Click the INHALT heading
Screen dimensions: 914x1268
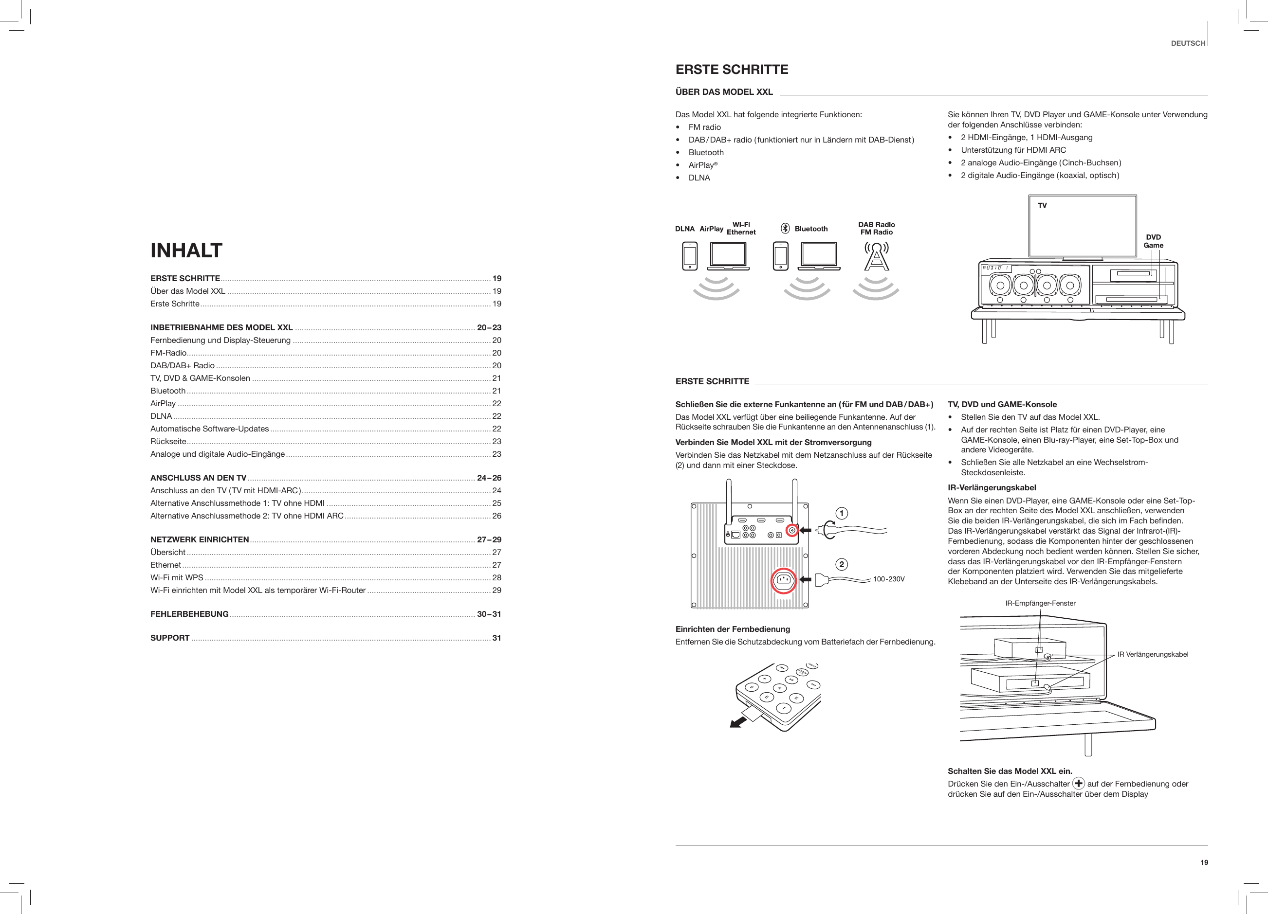(186, 251)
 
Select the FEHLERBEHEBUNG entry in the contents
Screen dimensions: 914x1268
(189, 614)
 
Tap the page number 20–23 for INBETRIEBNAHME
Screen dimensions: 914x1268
(489, 327)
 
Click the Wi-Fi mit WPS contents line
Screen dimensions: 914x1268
(177, 578)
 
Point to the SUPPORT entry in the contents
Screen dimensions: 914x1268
(170, 638)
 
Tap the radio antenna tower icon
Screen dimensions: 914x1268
(877, 256)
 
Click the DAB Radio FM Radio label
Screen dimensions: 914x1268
(877, 229)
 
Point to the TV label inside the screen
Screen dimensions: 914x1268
(1042, 206)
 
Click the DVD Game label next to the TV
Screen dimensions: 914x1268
(1153, 241)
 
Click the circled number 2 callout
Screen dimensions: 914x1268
(842, 564)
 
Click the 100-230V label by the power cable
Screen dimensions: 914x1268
(888, 579)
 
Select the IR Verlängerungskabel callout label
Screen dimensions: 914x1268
(1152, 654)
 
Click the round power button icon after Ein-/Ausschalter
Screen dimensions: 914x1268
(1079, 783)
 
